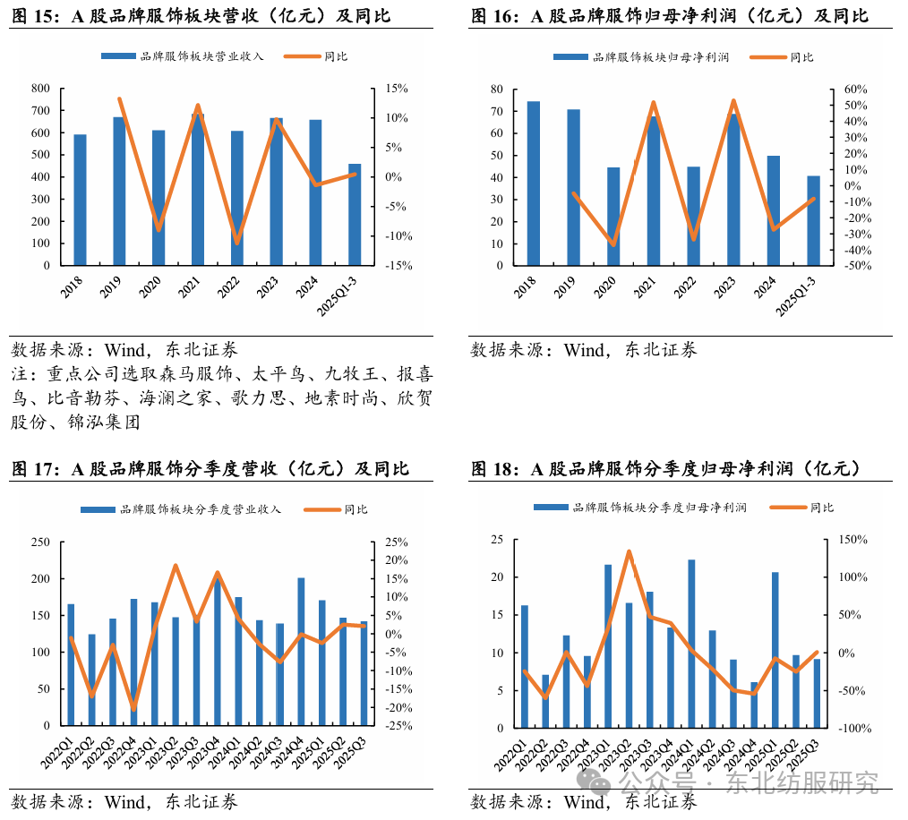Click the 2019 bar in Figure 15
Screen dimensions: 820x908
coord(119,192)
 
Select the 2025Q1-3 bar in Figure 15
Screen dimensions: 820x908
coord(355,215)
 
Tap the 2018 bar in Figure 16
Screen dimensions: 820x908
coord(533,184)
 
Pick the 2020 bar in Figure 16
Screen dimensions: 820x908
coord(613,217)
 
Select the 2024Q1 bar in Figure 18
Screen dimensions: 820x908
coord(691,644)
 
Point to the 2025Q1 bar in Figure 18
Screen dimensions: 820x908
coord(775,650)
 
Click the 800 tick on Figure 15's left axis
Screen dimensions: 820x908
coord(40,89)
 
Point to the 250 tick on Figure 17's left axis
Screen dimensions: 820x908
coord(40,542)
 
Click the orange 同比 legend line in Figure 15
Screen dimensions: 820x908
coord(303,57)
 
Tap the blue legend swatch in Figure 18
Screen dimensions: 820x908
coord(550,508)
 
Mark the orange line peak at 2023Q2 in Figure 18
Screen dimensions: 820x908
coord(629,551)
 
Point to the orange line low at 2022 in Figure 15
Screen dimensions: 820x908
coord(237,243)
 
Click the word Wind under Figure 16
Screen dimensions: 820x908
coord(585,350)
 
